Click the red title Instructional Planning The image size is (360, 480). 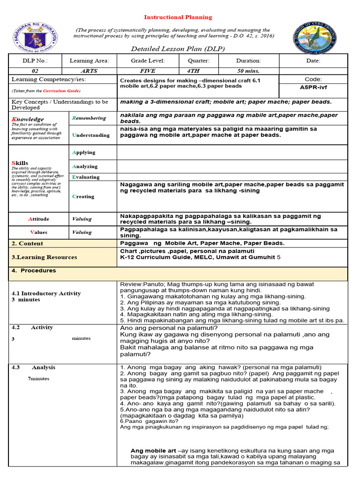pyautogui.click(x=178, y=17)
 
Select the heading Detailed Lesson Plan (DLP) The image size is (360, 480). pyautogui.click(x=178, y=49)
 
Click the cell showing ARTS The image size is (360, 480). pyautogui.click(x=89, y=71)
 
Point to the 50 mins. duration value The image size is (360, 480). pyautogui.click(x=248, y=71)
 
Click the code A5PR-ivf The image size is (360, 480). pyautogui.click(x=313, y=87)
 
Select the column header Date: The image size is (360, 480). pyautogui.click(x=313, y=60)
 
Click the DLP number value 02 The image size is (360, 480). pyautogui.click(x=35, y=71)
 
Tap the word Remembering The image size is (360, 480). pyautogui.click(x=89, y=118)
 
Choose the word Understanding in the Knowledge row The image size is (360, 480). pyautogui.click(x=91, y=135)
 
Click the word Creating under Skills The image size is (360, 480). pyautogui.click(x=83, y=196)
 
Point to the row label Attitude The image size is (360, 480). pyautogui.click(x=38, y=219)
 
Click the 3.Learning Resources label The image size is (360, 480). pyautogui.click(x=45, y=257)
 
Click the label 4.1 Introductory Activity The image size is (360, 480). pyautogui.click(x=46, y=293)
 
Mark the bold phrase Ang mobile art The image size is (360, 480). pyautogui.click(x=150, y=450)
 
